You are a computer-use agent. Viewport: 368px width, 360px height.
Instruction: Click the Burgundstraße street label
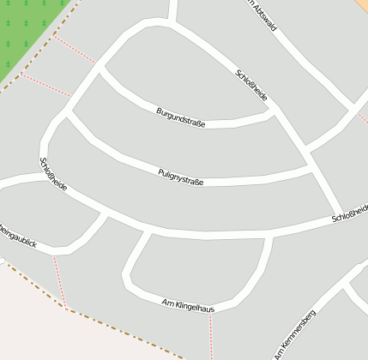(180, 118)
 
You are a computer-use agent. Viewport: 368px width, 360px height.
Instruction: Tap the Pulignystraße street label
(180, 176)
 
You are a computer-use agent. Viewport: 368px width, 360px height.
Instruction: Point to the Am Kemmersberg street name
(295, 334)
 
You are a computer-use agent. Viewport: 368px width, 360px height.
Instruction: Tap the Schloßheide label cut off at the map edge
(350, 213)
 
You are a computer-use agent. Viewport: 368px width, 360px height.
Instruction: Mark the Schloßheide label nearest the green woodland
(53, 174)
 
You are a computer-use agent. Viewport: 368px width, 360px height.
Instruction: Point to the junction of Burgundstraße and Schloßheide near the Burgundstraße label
(273, 109)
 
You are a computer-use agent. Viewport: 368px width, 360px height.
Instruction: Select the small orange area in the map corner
(362, 4)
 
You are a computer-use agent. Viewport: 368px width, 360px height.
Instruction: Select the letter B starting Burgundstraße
(159, 111)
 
